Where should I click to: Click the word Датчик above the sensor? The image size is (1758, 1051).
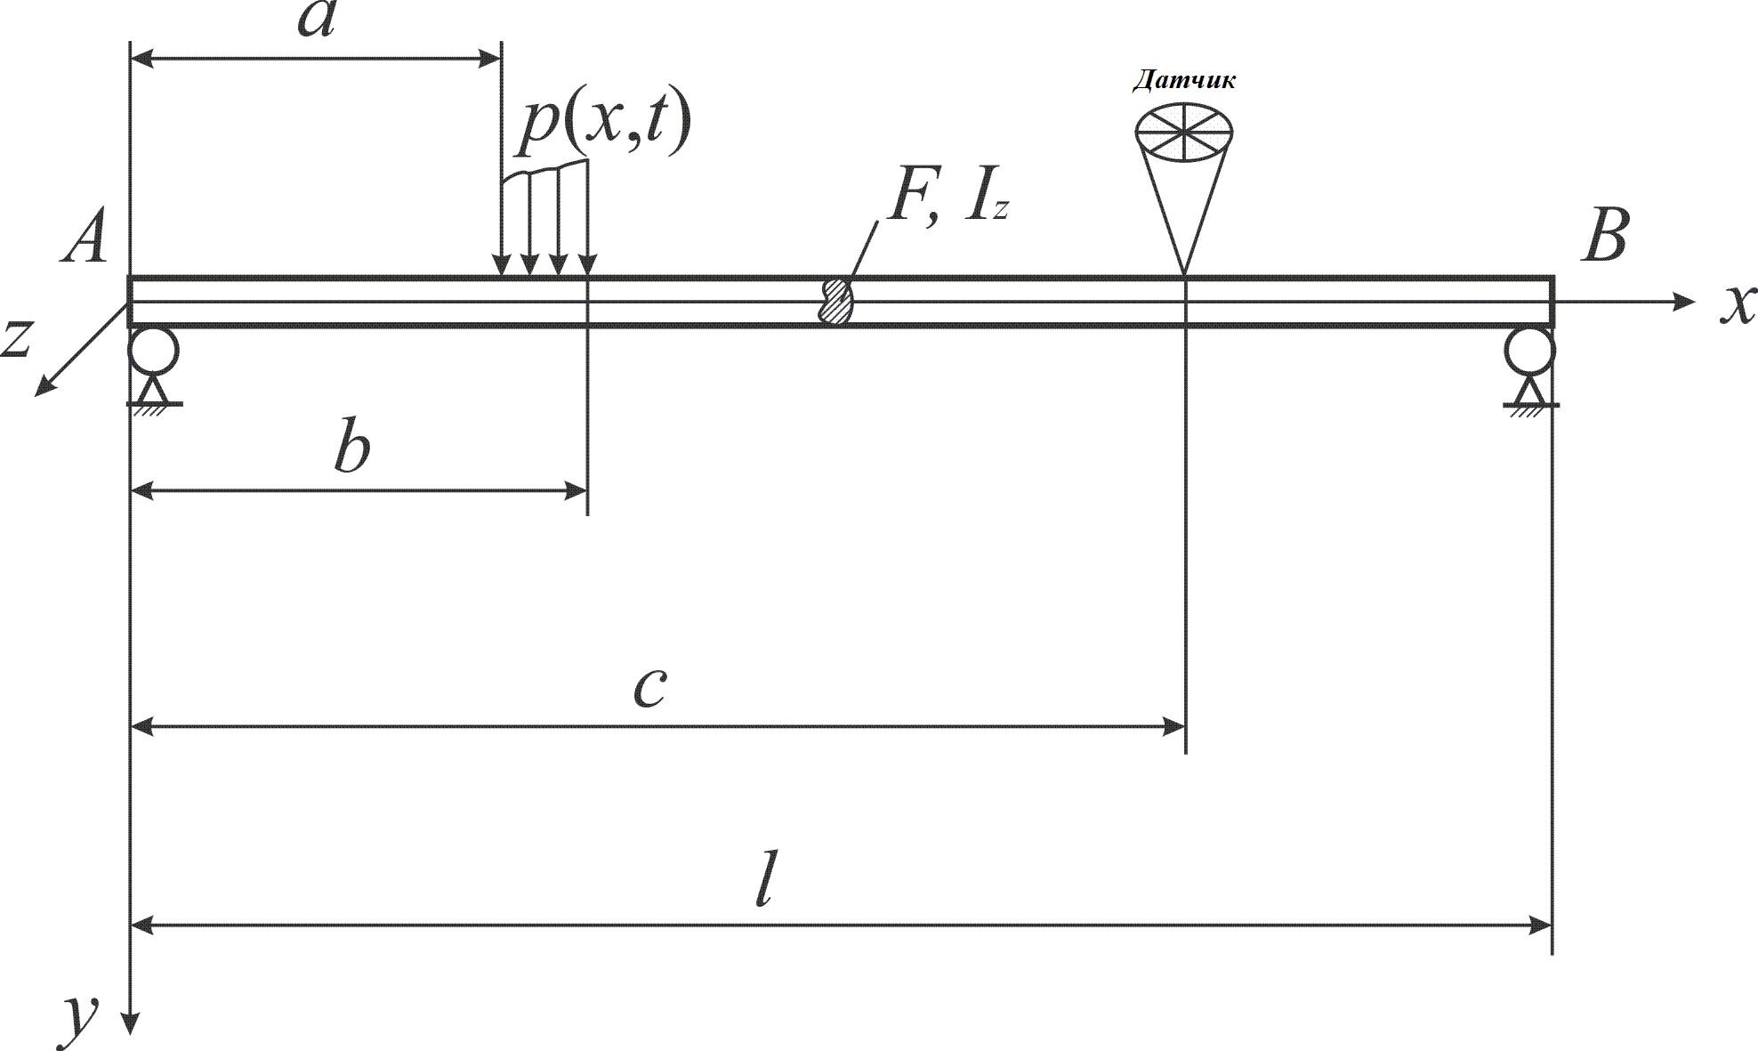[1183, 81]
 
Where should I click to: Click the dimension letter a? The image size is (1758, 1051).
[316, 20]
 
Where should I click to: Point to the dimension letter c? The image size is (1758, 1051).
[650, 688]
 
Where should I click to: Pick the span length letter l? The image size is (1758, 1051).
[763, 877]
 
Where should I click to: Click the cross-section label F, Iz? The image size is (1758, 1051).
[948, 199]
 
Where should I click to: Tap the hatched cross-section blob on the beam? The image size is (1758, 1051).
[836, 301]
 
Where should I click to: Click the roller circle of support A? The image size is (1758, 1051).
[154, 352]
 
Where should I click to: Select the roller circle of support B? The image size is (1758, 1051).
[1530, 352]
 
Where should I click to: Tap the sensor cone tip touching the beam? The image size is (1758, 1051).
[1184, 274]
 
